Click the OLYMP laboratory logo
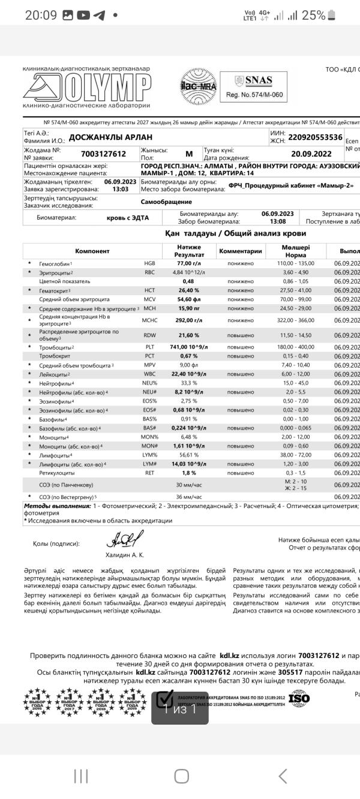[x=86, y=88]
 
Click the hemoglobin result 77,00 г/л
[x=188, y=263]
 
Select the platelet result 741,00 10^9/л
[x=188, y=347]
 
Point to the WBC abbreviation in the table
[x=149, y=374]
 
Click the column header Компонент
[x=92, y=251]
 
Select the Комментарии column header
[x=240, y=251]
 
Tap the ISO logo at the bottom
[x=299, y=698]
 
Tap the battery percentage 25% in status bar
[x=314, y=16]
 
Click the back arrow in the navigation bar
[x=283, y=776]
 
